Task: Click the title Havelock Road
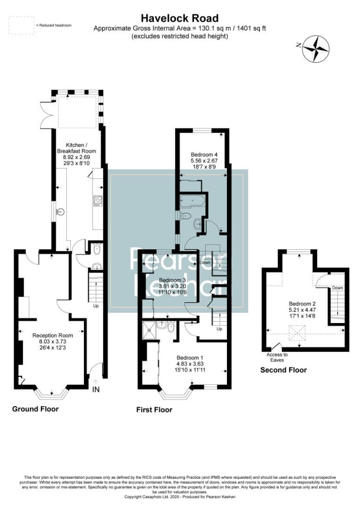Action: click(x=180, y=18)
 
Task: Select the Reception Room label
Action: click(x=51, y=341)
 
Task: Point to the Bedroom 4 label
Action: click(x=204, y=161)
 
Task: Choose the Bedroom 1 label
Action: click(x=190, y=364)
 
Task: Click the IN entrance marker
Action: click(x=96, y=390)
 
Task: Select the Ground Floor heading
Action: click(x=35, y=408)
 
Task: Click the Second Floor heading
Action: click(x=284, y=370)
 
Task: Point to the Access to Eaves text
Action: click(x=277, y=357)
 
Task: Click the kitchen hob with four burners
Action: click(x=98, y=201)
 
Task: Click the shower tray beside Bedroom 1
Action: click(x=150, y=330)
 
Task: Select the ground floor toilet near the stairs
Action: click(x=97, y=249)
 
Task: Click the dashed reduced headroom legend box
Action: click(x=21, y=25)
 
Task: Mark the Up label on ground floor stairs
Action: click(x=95, y=306)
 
